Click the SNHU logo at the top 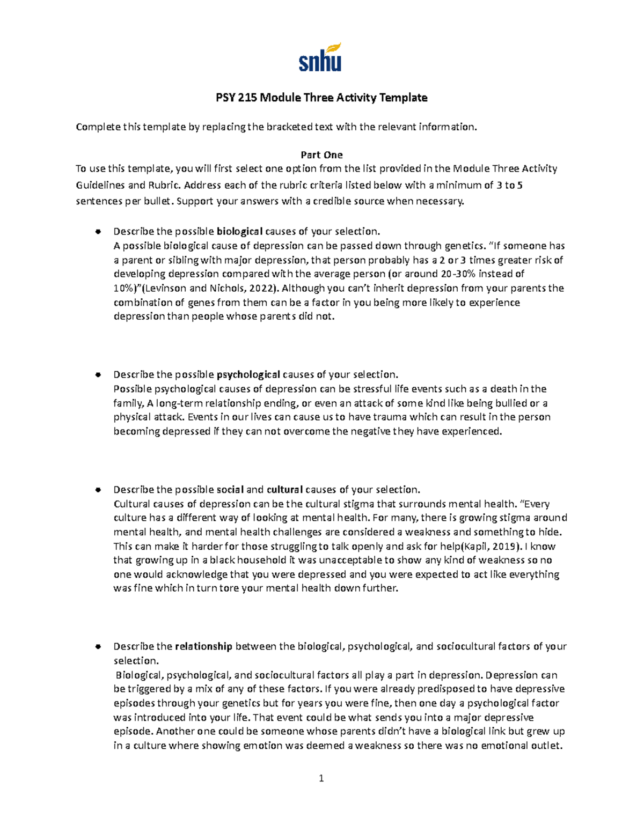(320, 58)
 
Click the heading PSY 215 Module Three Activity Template (321, 98)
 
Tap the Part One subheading (321, 155)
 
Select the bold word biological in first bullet (239, 232)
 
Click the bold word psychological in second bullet (248, 374)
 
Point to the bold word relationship (203, 646)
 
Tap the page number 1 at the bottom (321, 778)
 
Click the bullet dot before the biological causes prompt (98, 232)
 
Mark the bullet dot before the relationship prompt (98, 646)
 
